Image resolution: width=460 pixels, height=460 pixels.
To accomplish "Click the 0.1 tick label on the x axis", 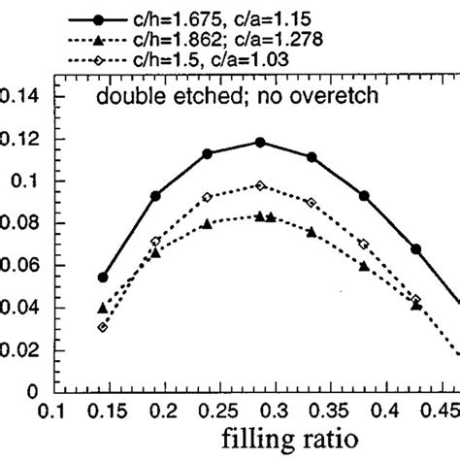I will [x=59, y=411].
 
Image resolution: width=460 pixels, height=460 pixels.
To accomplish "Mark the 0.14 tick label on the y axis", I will [x=19, y=97].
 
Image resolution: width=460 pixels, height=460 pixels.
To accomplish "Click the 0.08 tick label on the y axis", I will [x=19, y=223].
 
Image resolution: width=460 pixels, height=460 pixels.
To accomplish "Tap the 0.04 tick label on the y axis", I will [x=19, y=308].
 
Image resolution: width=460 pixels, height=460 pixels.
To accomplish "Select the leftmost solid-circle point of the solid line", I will [x=104, y=278].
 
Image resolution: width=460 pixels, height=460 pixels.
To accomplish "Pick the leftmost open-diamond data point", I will [x=103, y=327].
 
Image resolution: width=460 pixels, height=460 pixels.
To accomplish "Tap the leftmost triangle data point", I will [x=103, y=308].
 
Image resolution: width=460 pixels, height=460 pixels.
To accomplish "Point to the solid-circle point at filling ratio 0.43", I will [x=415, y=249].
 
